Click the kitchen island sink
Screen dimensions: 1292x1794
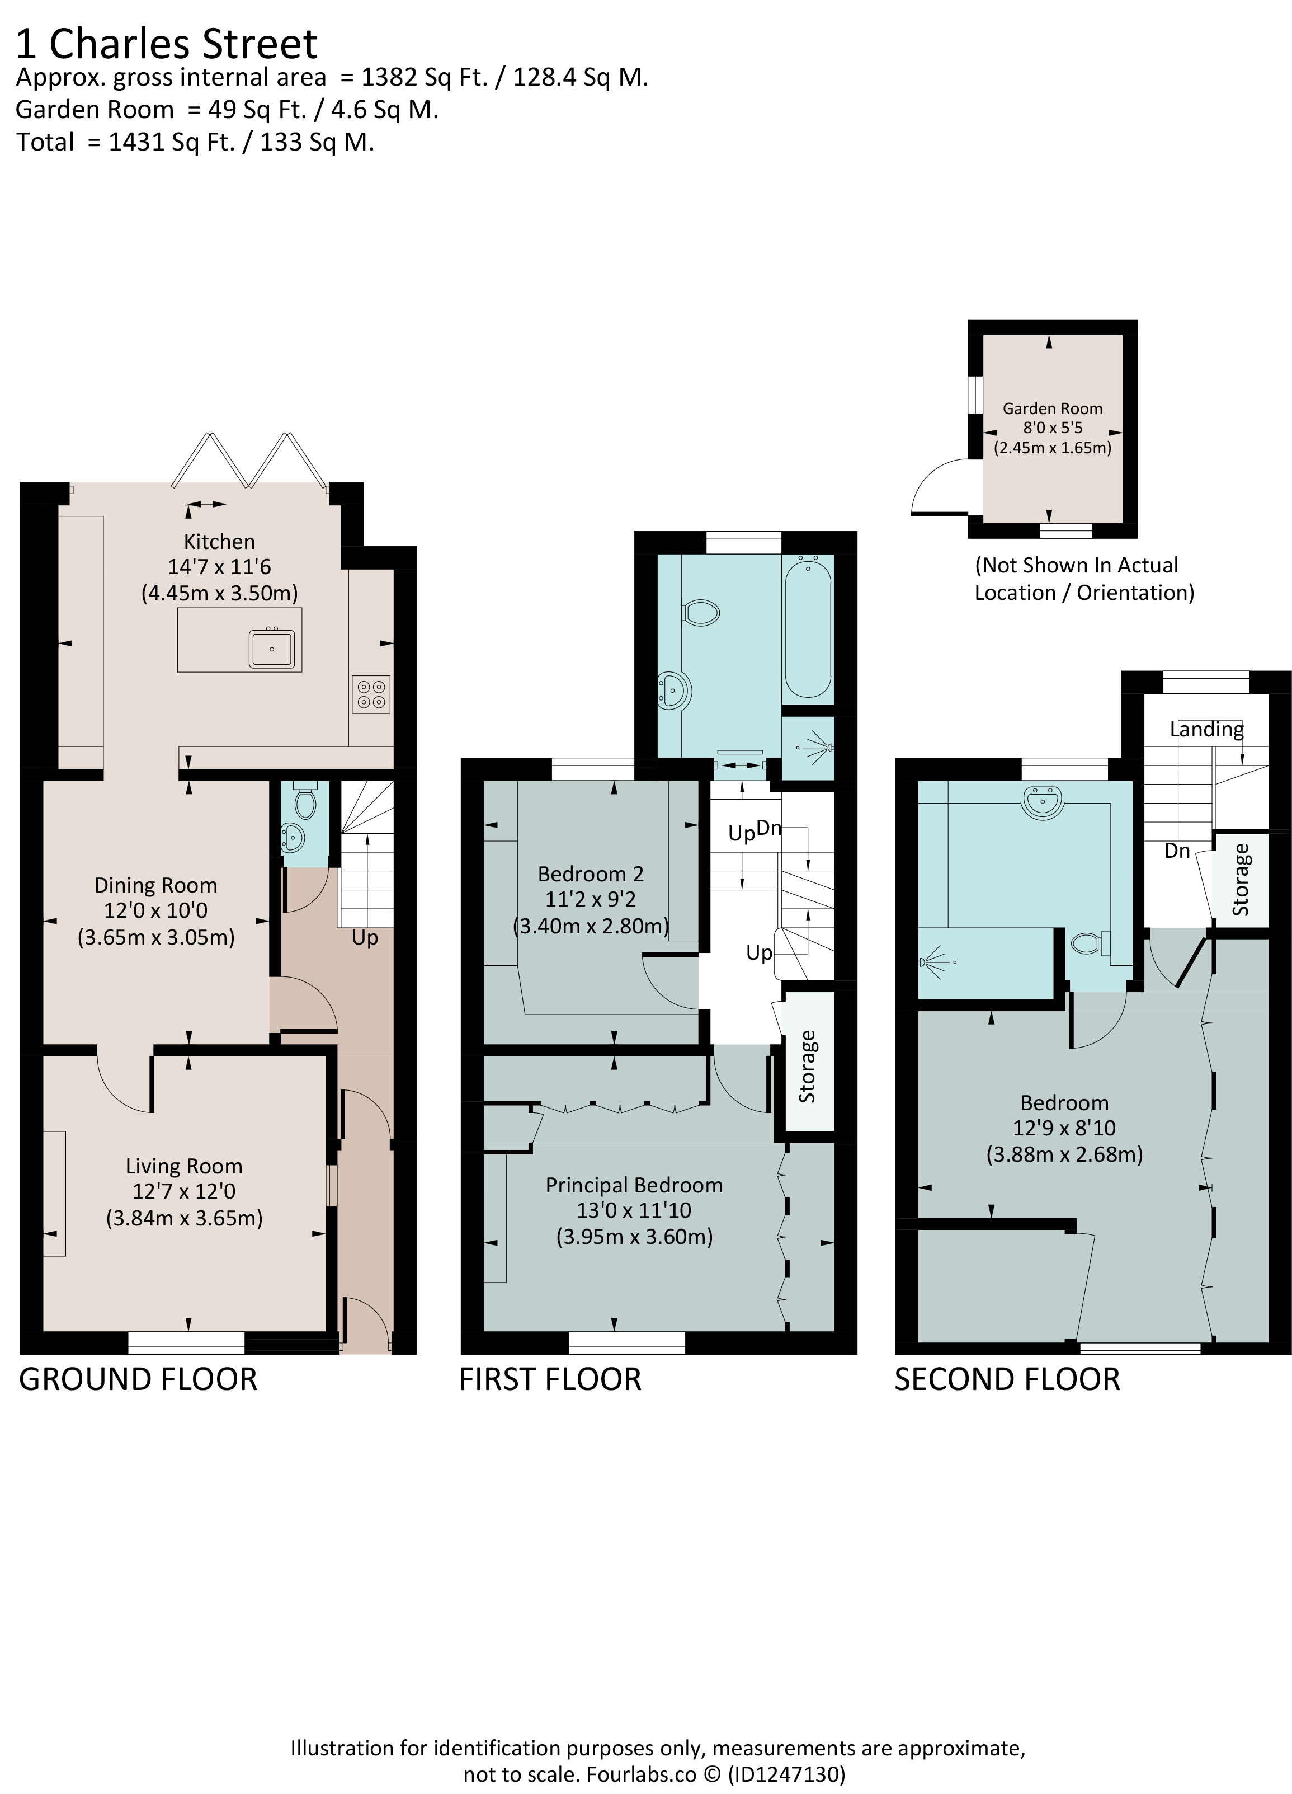(x=272, y=649)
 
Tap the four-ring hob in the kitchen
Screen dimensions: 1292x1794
(x=371, y=694)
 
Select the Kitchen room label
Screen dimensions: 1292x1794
(x=219, y=542)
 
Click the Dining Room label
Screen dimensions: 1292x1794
(x=156, y=885)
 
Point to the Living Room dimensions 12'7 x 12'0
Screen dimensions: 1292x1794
(x=184, y=1191)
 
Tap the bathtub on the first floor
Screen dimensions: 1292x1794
(x=807, y=626)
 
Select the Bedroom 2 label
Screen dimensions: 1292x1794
(x=591, y=874)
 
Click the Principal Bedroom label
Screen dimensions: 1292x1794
(x=634, y=1185)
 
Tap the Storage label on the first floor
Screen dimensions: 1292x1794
(x=807, y=1067)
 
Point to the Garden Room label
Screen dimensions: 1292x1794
(x=1053, y=409)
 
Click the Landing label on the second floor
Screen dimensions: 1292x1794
(x=1206, y=729)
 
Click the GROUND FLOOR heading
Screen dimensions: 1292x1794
(x=138, y=1379)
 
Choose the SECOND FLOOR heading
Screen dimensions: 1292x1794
(x=1007, y=1379)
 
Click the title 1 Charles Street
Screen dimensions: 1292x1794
(x=167, y=44)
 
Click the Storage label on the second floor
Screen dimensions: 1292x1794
(x=1241, y=880)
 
